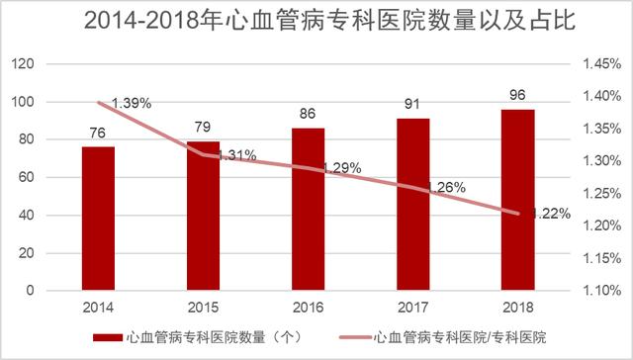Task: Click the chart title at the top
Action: point(316,21)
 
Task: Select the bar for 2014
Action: point(98,219)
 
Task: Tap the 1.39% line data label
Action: point(131,103)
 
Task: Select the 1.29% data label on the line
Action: point(341,168)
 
